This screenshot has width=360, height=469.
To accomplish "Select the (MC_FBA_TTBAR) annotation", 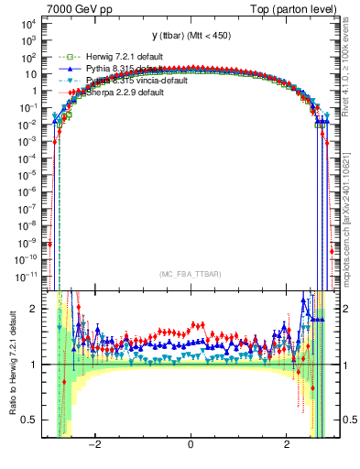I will pos(191,274).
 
